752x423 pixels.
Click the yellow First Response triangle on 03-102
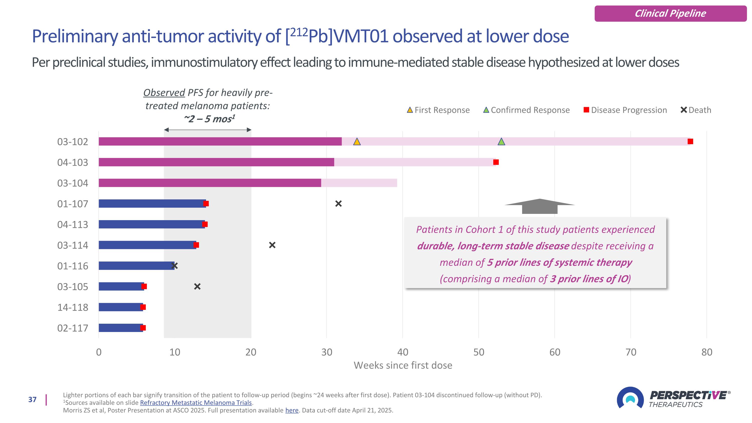click(357, 142)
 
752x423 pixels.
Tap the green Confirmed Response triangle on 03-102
click(501, 142)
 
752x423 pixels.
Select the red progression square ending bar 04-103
click(496, 162)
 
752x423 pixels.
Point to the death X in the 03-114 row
click(272, 245)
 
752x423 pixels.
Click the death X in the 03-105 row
click(197, 286)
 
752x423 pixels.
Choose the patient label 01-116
click(73, 266)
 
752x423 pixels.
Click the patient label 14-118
click(73, 307)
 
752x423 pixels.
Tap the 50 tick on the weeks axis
click(479, 352)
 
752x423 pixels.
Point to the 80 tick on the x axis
click(707, 352)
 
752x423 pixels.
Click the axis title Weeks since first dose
click(403, 365)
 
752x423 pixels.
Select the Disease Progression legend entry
click(625, 110)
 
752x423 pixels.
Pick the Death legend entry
click(696, 110)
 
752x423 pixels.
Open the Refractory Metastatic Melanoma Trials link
click(196, 403)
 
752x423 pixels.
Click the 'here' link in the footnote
click(292, 410)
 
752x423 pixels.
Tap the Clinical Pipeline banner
click(670, 14)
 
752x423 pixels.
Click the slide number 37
click(32, 399)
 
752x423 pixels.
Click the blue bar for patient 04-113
click(152, 224)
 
